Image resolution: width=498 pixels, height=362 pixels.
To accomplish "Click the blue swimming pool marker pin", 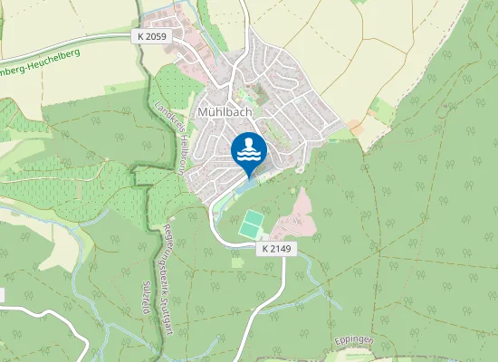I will pos(249,150).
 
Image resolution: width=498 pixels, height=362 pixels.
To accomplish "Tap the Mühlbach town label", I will pos(224,104).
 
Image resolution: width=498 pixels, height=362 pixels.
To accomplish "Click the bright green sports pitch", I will pos(251,224).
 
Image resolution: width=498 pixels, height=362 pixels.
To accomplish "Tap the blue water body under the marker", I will pos(247,186).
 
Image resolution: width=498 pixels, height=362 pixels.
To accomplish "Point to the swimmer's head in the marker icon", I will pos(249,143).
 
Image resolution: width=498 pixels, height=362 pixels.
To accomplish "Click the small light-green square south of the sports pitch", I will pos(238,262).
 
